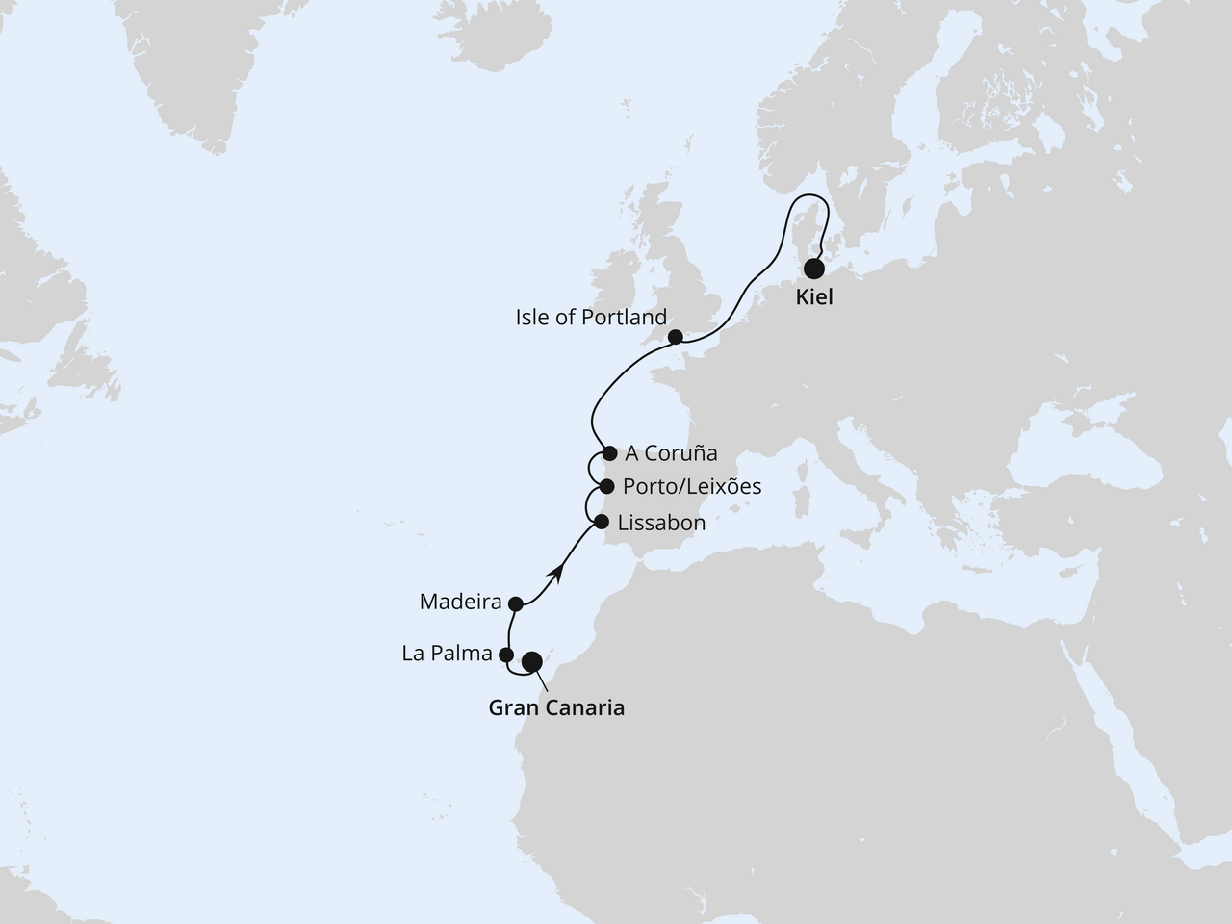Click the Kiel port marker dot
[815, 269]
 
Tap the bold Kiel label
[814, 298]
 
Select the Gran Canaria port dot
[531, 662]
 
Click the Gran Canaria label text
[556, 708]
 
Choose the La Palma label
[447, 654]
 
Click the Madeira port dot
[515, 603]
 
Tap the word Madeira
[461, 603]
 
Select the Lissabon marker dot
[602, 523]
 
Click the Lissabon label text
[662, 524]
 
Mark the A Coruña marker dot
[609, 452]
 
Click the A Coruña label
[672, 453]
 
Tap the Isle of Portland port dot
[676, 337]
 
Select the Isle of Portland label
[591, 318]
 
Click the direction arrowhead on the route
[555, 573]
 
